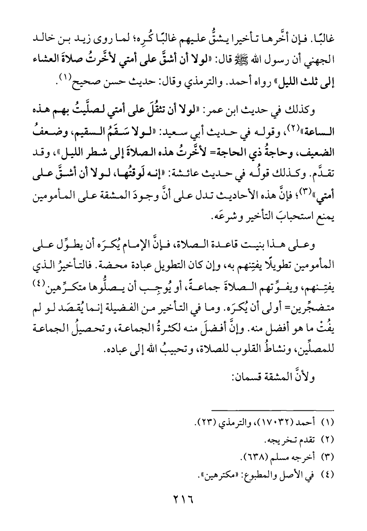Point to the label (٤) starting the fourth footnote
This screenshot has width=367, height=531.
click(328, 475)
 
